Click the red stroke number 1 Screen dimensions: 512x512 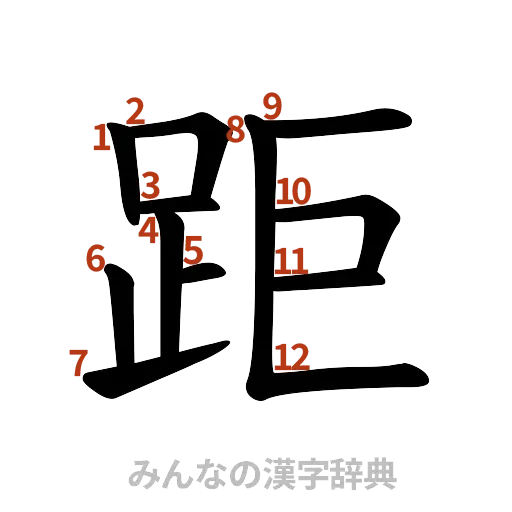point(100,137)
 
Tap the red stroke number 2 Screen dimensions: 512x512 point(134,109)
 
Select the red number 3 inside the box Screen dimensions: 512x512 point(150,184)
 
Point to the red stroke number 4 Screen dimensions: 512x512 point(149,231)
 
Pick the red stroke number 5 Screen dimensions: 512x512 point(194,248)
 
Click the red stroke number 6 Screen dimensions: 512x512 point(96,258)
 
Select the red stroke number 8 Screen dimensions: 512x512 point(236,128)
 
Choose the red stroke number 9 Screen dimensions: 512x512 point(271,104)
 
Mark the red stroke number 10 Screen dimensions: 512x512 point(294,191)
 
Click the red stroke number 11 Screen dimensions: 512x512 point(292,262)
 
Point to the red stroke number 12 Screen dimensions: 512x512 point(291,356)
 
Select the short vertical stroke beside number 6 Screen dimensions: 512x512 point(121,310)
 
